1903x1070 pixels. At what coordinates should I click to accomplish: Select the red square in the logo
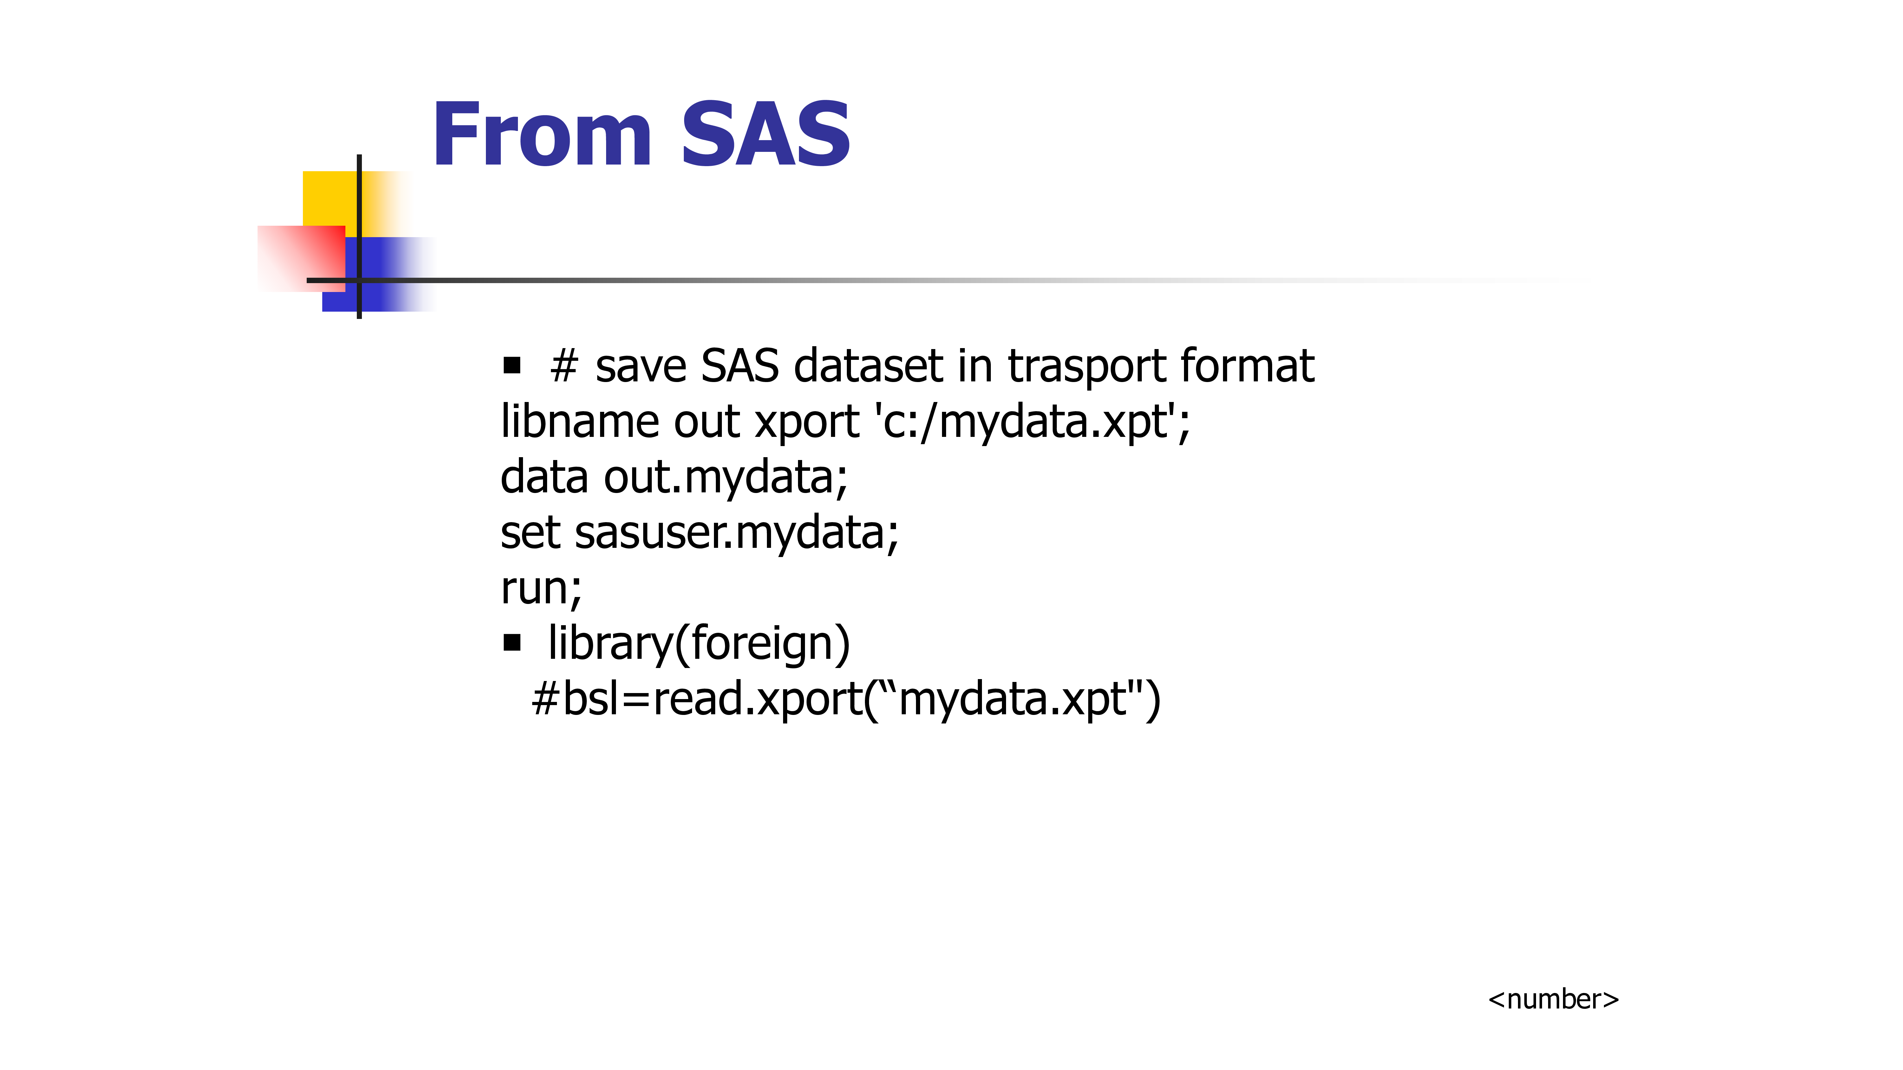click(x=301, y=258)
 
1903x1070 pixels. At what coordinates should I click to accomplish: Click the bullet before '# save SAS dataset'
click(x=512, y=366)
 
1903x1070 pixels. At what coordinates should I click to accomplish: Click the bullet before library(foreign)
click(x=512, y=643)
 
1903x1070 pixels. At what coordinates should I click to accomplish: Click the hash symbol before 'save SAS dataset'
click(x=564, y=366)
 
